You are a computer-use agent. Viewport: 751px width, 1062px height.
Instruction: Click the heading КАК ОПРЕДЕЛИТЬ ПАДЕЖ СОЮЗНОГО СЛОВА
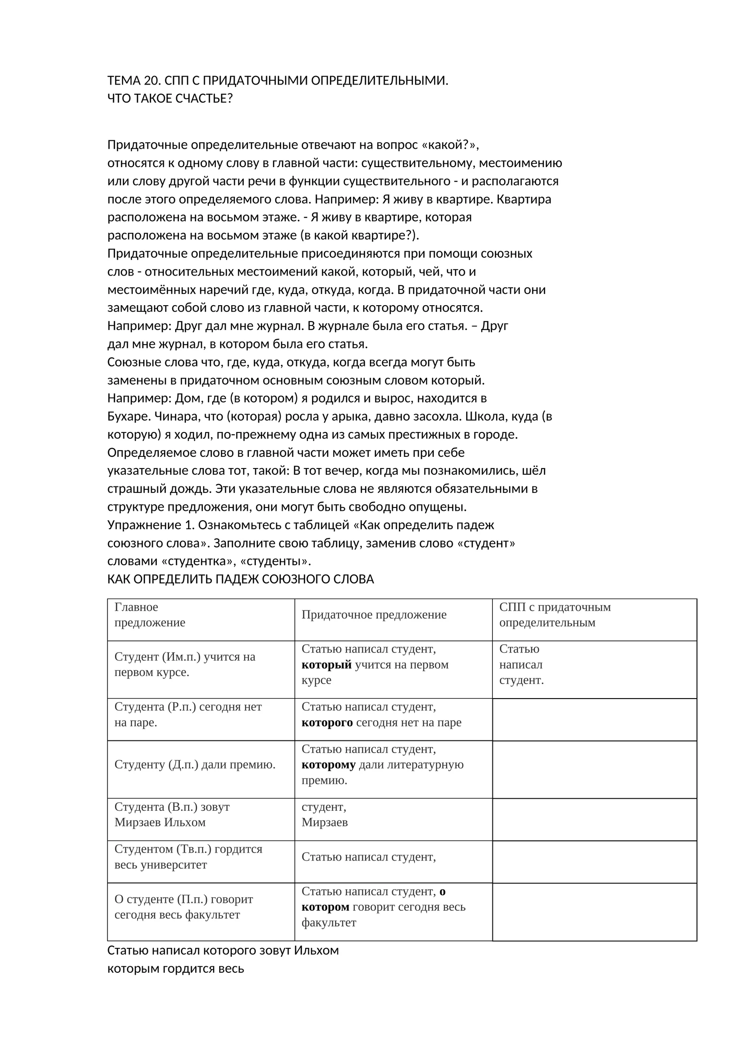(240, 579)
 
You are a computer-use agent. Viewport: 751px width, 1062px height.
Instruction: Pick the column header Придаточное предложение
(374, 615)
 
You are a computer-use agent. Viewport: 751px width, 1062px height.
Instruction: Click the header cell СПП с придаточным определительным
(555, 615)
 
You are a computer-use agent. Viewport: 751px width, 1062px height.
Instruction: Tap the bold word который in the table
(326, 664)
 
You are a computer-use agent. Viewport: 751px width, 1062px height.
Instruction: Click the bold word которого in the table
(327, 722)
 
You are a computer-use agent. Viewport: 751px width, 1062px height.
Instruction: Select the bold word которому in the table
(329, 764)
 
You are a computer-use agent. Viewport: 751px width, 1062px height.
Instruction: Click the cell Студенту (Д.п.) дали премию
(195, 764)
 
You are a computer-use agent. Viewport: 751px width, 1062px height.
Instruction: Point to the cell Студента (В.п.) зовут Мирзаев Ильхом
(172, 814)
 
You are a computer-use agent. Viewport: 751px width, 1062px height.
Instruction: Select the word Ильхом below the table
(316, 950)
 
